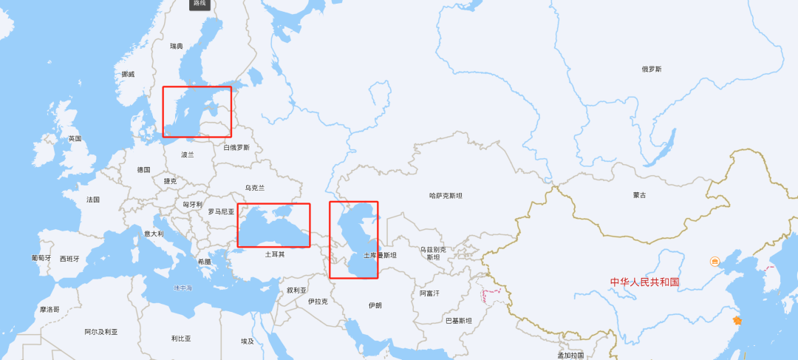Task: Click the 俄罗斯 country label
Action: point(652,69)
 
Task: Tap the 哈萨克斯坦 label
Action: point(446,196)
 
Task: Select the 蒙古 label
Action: point(639,195)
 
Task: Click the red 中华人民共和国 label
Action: point(644,282)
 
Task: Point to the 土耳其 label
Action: point(275,254)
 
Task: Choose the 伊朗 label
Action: point(375,305)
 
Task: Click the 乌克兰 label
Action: point(254,188)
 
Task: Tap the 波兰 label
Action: point(188,154)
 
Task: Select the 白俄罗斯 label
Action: point(236,147)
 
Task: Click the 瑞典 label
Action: point(176,46)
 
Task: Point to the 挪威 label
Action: point(129,74)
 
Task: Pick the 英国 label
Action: point(75,139)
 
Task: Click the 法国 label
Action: point(93,200)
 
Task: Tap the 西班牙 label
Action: point(69,259)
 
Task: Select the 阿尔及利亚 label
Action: point(101,332)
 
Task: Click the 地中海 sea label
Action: point(183,288)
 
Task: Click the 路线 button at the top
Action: point(199,4)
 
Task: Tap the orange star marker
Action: point(736,320)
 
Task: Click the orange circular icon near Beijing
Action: point(715,262)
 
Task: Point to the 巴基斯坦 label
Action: point(458,321)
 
